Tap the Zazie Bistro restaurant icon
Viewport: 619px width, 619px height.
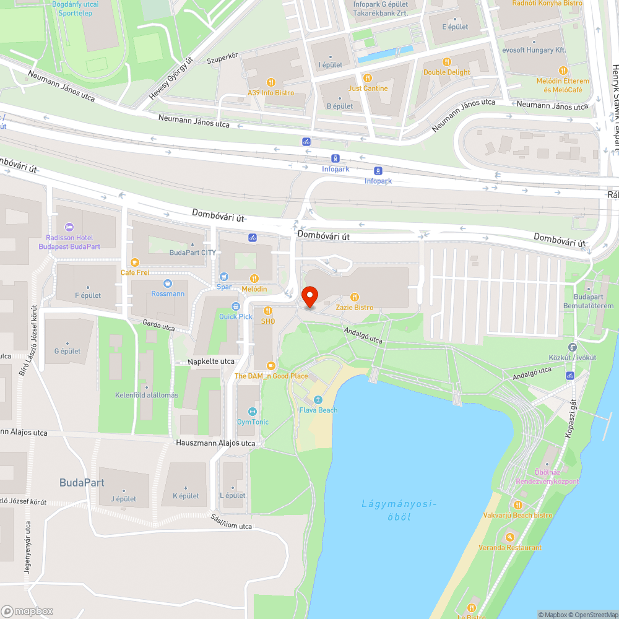[x=355, y=297]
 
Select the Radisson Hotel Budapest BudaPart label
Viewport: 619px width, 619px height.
[x=69, y=241]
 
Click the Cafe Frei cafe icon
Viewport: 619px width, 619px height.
[x=135, y=262]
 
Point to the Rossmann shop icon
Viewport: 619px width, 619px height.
[x=168, y=284]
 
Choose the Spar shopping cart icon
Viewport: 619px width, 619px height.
[x=224, y=277]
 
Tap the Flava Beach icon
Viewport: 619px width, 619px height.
[x=318, y=400]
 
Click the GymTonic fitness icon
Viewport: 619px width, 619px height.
[x=253, y=412]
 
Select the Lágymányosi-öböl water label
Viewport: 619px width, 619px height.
[x=399, y=510]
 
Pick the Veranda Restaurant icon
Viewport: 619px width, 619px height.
[x=509, y=537]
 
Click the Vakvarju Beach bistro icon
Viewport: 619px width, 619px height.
[x=517, y=504]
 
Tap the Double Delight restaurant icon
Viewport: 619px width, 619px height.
[x=446, y=62]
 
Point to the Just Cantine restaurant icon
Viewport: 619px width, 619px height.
[x=367, y=78]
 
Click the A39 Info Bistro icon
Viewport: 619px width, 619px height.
[x=271, y=82]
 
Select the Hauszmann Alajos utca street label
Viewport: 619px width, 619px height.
[x=215, y=443]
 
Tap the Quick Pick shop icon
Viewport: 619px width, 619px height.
[x=236, y=306]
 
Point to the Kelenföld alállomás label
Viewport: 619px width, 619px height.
[x=147, y=396]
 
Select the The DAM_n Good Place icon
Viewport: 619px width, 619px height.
[x=271, y=366]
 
